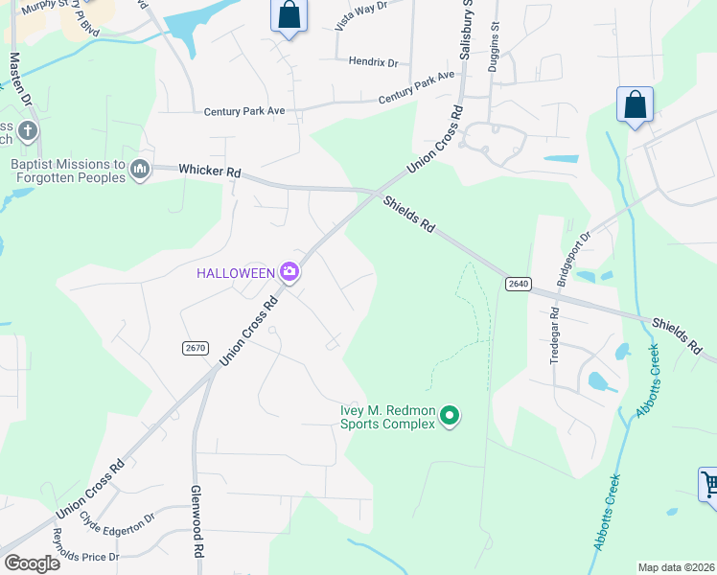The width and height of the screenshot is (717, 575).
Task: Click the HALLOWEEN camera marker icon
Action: click(x=289, y=273)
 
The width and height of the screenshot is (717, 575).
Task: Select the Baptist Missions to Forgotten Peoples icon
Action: click(x=141, y=171)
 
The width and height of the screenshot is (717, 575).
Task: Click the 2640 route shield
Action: click(x=518, y=283)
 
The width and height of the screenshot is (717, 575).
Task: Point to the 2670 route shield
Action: click(x=195, y=347)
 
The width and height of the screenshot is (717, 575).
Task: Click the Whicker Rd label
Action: click(x=209, y=172)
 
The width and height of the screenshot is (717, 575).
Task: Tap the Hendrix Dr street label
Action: click(x=373, y=62)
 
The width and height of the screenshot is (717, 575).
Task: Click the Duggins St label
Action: click(x=496, y=37)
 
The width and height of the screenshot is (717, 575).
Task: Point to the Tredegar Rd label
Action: click(x=554, y=336)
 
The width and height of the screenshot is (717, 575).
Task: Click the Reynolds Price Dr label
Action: click(x=85, y=545)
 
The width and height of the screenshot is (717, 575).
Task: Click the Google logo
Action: click(x=33, y=563)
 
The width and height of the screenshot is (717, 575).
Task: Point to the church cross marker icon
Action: click(x=29, y=130)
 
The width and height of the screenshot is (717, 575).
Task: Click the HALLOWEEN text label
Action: click(x=236, y=273)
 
